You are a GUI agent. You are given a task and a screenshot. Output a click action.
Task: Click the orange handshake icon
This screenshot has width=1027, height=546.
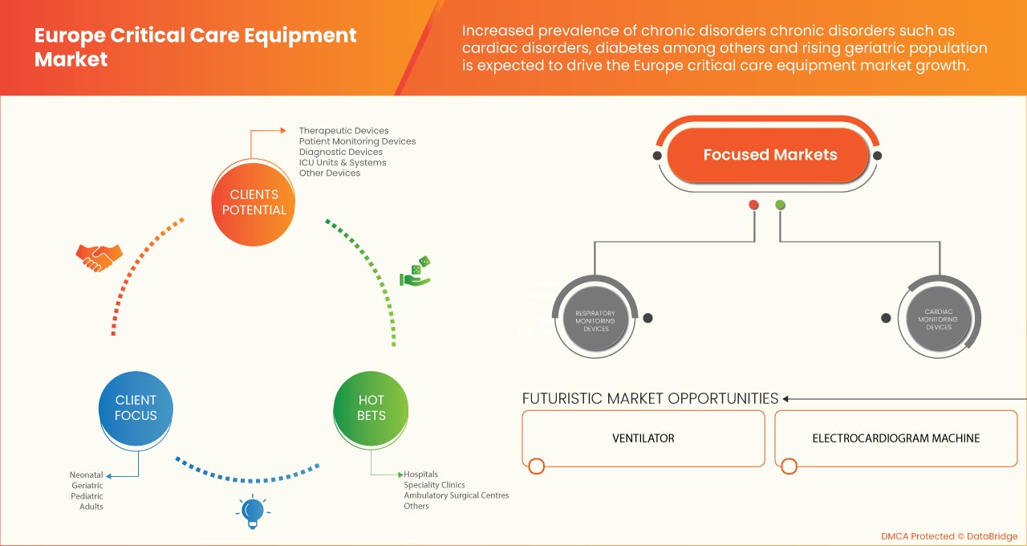(x=99, y=257)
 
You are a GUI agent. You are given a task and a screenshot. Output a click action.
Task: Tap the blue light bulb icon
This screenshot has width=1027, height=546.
(x=253, y=511)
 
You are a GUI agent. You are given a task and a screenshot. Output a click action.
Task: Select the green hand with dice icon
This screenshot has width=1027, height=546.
(x=416, y=272)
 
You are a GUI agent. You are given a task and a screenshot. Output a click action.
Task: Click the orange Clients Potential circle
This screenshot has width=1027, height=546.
(x=254, y=202)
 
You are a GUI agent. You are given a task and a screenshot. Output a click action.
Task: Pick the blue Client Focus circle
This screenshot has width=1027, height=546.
(x=136, y=408)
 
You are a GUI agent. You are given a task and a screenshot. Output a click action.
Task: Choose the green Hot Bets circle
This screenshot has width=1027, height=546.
(x=371, y=408)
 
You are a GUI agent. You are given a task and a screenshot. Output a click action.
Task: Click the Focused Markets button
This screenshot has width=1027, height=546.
(x=769, y=155)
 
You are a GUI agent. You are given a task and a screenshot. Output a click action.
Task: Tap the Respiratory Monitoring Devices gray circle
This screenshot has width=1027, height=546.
(x=595, y=318)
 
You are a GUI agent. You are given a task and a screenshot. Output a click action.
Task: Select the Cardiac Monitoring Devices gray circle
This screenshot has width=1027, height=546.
(x=938, y=318)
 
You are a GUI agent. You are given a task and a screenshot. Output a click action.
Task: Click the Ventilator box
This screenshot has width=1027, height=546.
(x=643, y=438)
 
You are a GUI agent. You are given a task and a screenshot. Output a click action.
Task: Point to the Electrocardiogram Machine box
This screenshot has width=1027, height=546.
(x=895, y=438)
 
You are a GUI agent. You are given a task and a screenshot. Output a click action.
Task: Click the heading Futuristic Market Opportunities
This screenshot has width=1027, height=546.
(x=650, y=398)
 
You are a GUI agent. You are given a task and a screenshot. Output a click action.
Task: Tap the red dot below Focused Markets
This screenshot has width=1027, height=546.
(x=753, y=205)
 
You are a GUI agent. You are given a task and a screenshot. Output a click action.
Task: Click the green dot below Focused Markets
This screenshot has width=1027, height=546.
(x=780, y=205)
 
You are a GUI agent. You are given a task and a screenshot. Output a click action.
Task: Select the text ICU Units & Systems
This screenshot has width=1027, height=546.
(x=343, y=162)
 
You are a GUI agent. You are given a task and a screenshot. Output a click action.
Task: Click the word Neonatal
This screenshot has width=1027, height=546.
(x=87, y=475)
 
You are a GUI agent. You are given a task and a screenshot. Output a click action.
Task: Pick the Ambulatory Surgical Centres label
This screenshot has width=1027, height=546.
(x=456, y=495)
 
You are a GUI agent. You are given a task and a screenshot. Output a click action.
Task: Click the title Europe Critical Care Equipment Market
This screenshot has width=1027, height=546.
(x=196, y=47)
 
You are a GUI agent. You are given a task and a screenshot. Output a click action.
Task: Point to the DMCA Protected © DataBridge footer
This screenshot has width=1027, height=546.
(x=949, y=536)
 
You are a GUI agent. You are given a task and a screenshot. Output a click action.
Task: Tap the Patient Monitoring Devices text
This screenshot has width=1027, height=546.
(x=357, y=141)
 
